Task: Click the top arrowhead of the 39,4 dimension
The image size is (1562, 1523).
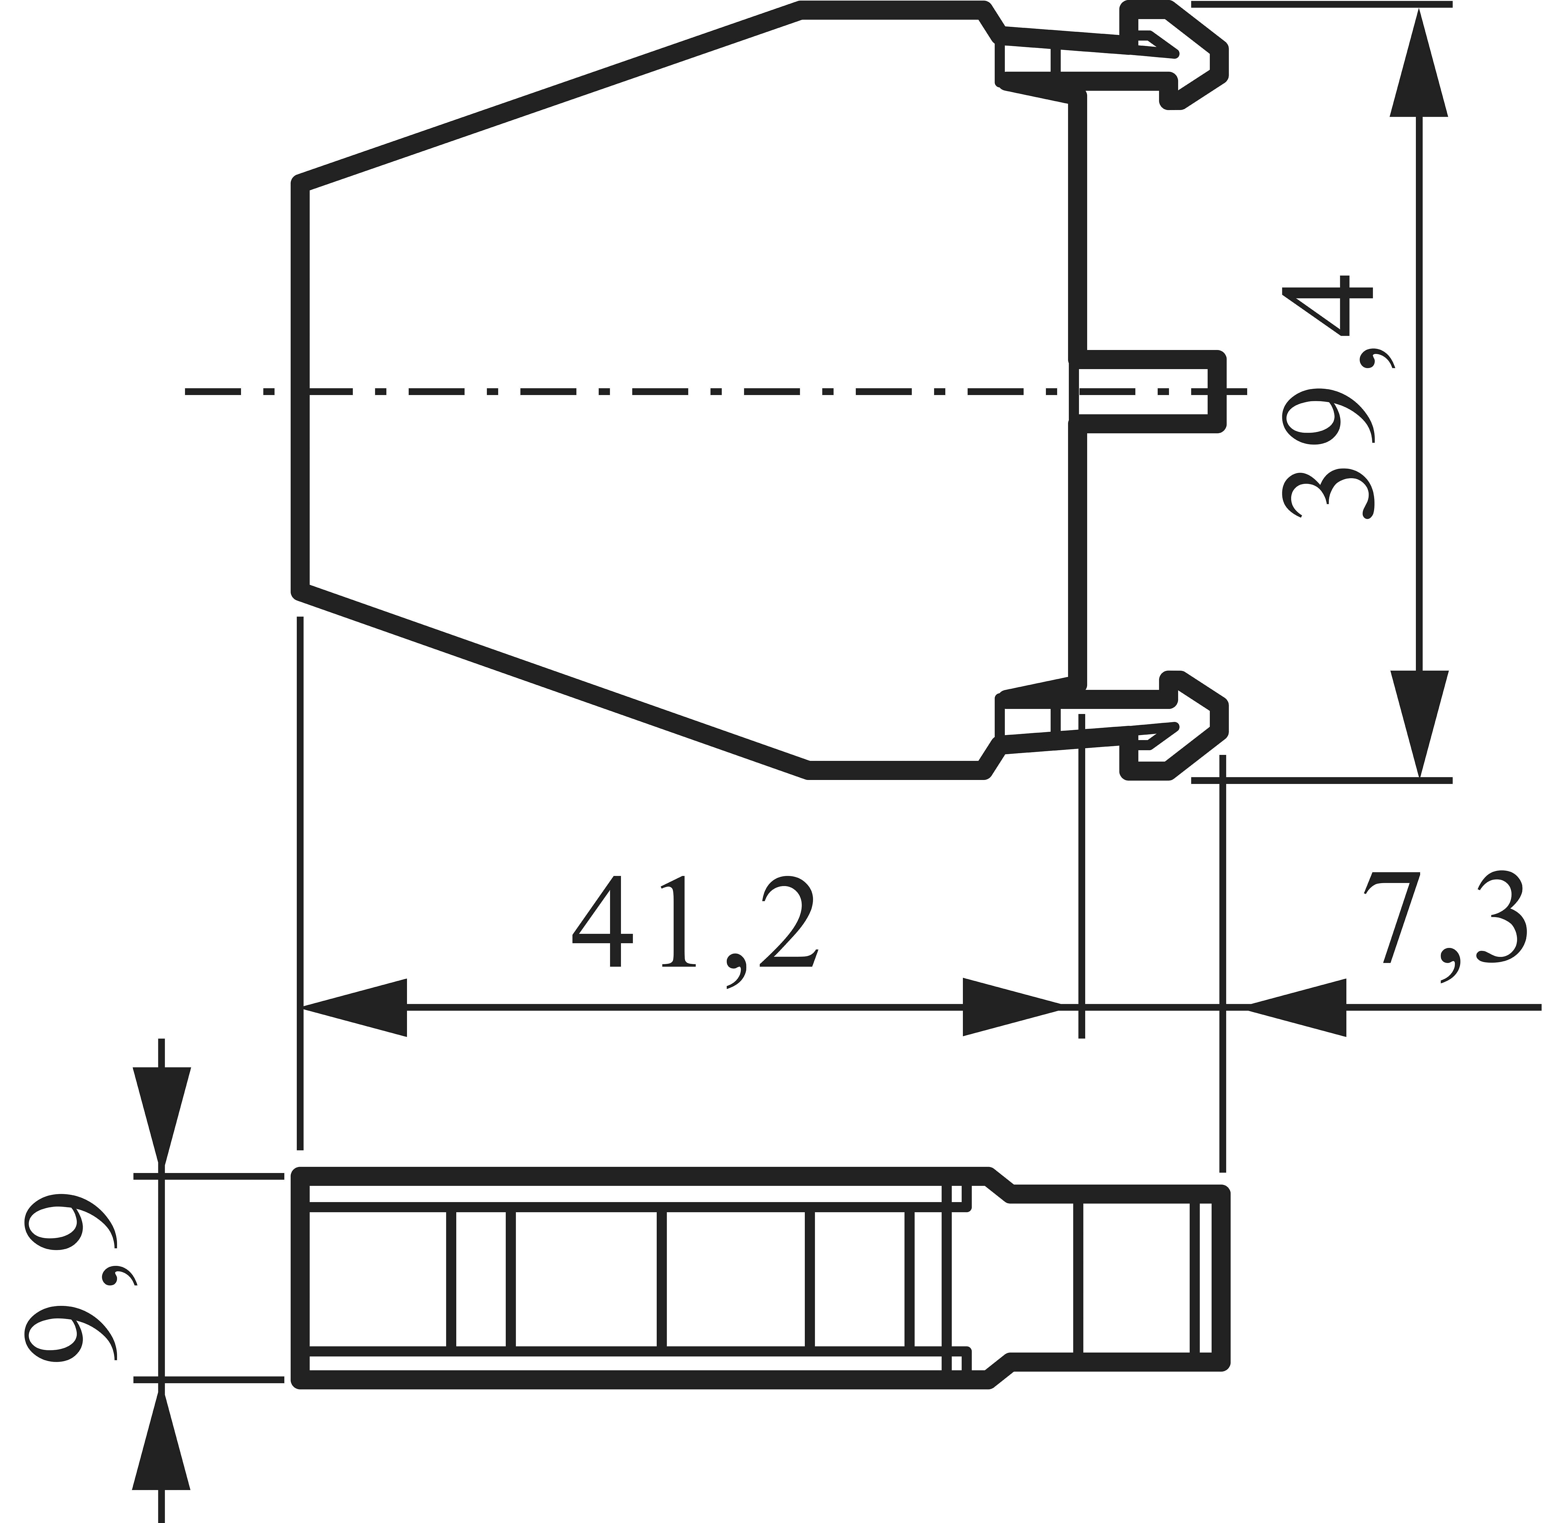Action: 1419,64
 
